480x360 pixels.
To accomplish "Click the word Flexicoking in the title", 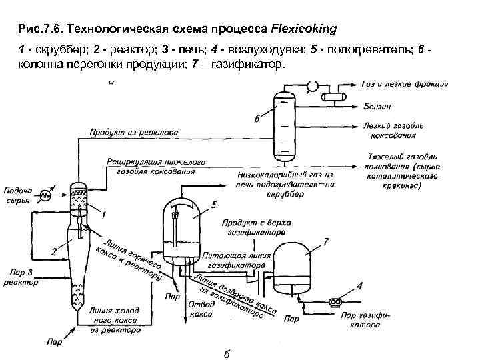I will click(x=303, y=29).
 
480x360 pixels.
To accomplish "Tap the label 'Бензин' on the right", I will click(x=377, y=106).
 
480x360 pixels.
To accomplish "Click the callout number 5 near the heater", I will click(x=213, y=204).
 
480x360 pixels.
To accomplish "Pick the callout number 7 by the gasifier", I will click(x=325, y=239).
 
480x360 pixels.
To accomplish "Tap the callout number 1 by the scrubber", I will click(x=104, y=214).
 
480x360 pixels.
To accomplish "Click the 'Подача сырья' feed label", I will click(x=18, y=195).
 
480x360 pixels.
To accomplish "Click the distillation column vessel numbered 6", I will click(x=284, y=123).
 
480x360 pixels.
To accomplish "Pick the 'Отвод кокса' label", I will click(x=199, y=309).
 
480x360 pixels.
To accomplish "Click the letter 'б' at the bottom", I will click(x=227, y=353).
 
